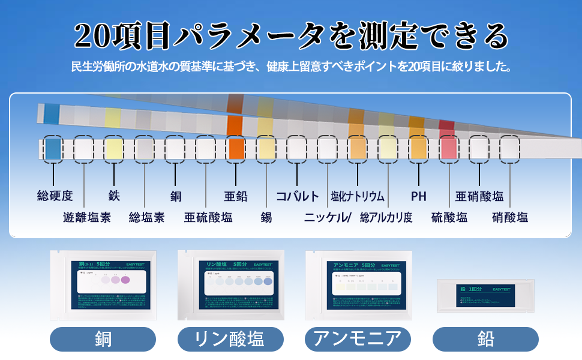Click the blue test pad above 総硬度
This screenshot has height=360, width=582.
[x=53, y=148]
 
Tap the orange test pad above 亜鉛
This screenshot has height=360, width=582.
[x=235, y=148]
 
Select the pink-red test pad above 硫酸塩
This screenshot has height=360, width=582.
[x=449, y=148]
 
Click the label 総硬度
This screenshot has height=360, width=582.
[x=55, y=196]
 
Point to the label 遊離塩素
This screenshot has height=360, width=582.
[x=87, y=217]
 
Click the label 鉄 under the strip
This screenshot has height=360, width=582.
[x=114, y=196]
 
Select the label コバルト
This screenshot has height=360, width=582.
[x=298, y=196]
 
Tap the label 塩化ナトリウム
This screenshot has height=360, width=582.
[x=358, y=196]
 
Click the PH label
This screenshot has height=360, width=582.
[x=419, y=196]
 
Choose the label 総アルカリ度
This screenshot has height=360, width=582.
[x=386, y=217]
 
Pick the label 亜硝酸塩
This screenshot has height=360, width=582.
[x=479, y=196]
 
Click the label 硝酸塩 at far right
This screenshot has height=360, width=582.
[x=510, y=217]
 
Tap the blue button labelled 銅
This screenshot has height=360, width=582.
[x=103, y=339]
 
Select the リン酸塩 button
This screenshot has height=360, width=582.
[x=230, y=339]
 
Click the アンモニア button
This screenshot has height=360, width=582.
[x=358, y=339]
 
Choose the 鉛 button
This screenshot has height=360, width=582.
[x=485, y=339]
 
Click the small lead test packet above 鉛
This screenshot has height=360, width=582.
[x=482, y=295]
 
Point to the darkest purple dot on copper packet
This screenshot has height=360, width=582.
[x=125, y=280]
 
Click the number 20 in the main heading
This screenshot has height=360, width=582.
[x=91, y=37]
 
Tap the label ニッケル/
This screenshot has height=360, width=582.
[x=328, y=217]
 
